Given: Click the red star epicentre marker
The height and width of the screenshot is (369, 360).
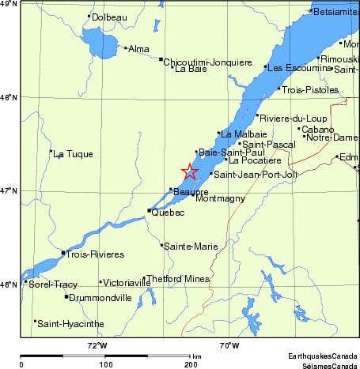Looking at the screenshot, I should pos(190,171).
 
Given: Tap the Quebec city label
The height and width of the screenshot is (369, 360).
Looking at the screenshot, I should pos(168,213).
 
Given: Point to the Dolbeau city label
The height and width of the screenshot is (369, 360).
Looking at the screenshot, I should pos(108,17).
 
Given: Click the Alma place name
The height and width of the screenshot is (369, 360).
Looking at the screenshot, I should pos(138,49).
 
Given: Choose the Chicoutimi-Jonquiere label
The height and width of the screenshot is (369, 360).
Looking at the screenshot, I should pos(207,60).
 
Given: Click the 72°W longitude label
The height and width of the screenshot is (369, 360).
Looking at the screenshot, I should pos(97,345).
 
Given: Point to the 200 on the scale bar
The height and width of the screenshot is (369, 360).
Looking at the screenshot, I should pos(191,364).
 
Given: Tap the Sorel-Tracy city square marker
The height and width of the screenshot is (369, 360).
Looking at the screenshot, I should pos(25,282).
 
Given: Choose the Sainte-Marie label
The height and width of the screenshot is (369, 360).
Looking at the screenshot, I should pos(191,247).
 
